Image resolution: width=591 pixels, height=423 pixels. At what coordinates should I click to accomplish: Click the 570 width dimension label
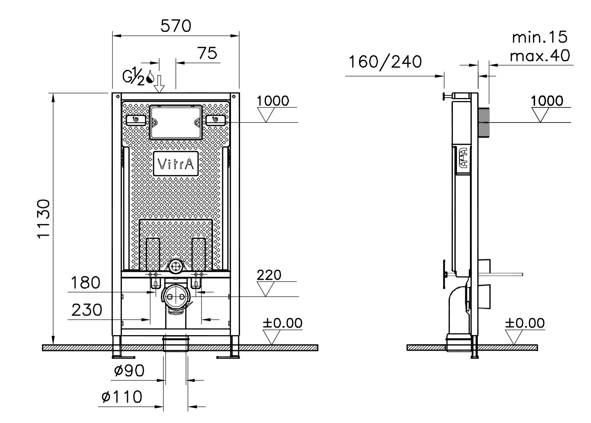(176, 26)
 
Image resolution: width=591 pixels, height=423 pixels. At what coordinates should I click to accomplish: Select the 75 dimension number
(207, 54)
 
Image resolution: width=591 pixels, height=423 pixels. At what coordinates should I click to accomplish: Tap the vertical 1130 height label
(44, 219)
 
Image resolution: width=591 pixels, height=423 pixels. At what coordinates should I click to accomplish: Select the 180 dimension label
(86, 282)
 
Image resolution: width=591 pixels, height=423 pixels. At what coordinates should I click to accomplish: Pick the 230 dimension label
(87, 310)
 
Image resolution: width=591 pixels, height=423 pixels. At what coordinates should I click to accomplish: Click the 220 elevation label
(269, 275)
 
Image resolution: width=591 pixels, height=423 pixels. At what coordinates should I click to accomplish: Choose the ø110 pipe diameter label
(122, 397)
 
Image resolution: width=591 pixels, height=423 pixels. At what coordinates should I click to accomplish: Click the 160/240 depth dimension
(385, 61)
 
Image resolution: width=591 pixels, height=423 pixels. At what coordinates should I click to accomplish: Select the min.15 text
(540, 37)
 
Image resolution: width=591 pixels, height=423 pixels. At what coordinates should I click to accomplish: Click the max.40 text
(540, 56)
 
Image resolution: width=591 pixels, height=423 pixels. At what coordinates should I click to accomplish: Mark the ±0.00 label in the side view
(525, 323)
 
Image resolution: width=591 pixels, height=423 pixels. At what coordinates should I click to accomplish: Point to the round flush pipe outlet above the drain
(176, 266)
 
